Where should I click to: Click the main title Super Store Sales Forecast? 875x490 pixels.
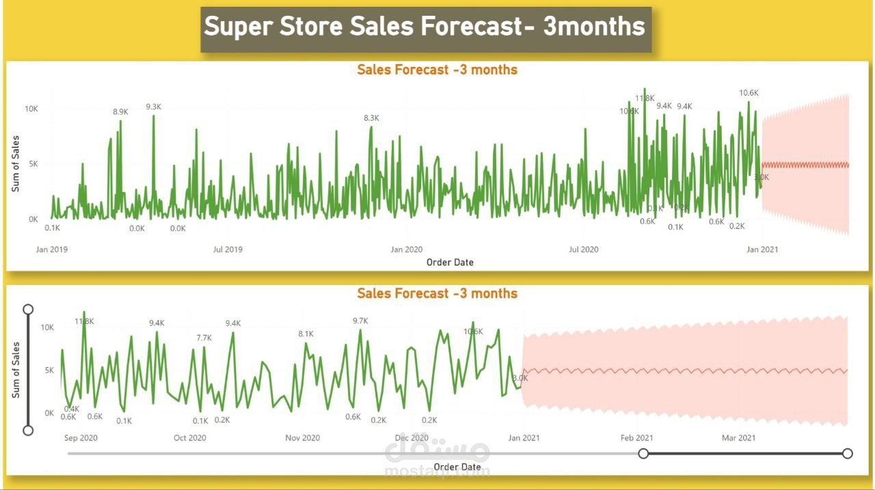click(x=425, y=27)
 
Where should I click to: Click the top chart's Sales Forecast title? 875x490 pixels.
click(x=437, y=70)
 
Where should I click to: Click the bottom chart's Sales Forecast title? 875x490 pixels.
click(x=437, y=294)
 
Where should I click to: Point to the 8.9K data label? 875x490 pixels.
click(x=121, y=112)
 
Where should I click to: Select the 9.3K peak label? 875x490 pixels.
click(x=153, y=107)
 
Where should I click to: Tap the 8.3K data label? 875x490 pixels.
click(x=371, y=118)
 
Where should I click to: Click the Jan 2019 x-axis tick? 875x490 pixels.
click(x=52, y=249)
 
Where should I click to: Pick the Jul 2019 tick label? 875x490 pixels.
click(x=228, y=249)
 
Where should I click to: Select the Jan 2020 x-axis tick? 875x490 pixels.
click(x=407, y=249)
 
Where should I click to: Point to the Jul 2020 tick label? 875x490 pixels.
click(x=583, y=249)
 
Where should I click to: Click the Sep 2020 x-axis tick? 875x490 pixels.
click(x=81, y=437)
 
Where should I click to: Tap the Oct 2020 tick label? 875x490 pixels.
click(x=190, y=437)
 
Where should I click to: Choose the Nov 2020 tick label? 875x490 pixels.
click(x=302, y=437)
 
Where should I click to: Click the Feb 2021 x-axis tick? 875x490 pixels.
click(x=636, y=437)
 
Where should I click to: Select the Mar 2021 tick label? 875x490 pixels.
click(x=739, y=437)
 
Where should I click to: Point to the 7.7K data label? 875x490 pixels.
click(x=204, y=338)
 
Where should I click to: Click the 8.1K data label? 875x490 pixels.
click(x=306, y=334)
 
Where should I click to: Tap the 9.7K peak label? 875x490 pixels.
click(x=360, y=321)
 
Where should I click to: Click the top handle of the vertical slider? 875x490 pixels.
click(x=28, y=309)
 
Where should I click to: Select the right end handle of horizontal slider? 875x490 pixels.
click(x=848, y=453)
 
